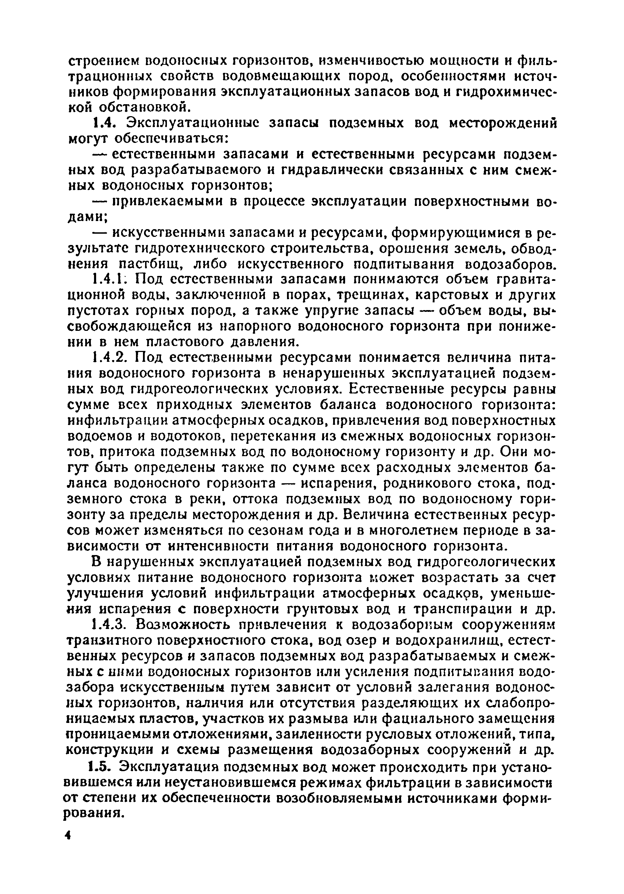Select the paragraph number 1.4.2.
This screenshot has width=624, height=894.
tap(110, 358)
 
